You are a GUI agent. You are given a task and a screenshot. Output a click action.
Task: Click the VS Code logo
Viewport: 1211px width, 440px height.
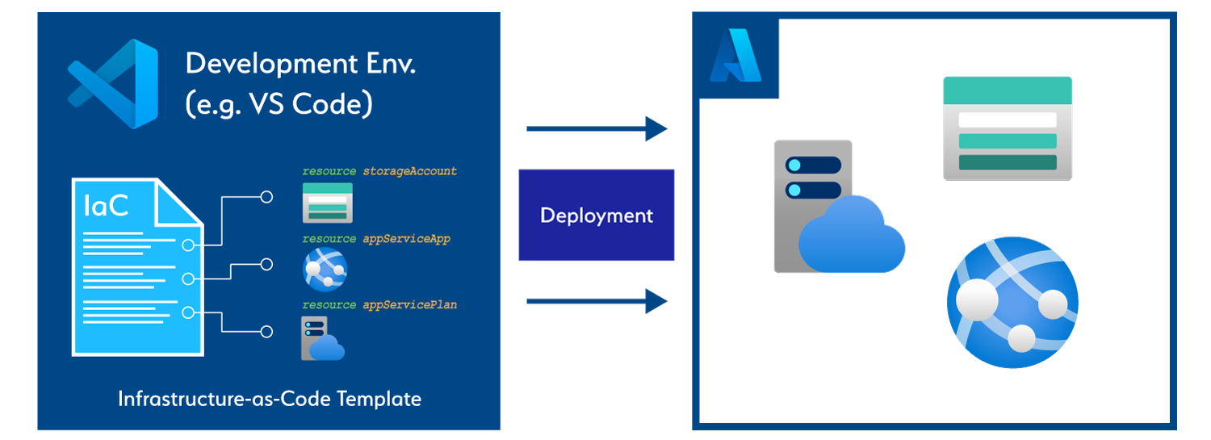(x=113, y=83)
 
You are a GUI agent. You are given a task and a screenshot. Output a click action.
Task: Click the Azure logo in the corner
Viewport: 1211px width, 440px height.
(x=735, y=57)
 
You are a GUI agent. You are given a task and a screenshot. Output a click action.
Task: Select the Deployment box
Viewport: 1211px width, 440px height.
(x=596, y=216)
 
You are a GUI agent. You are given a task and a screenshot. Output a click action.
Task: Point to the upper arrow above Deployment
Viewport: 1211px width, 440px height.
(x=597, y=128)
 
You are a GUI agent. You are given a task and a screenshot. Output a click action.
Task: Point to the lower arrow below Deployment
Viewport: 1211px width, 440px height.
(x=597, y=302)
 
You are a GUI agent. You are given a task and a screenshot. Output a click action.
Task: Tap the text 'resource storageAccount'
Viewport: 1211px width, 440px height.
(x=379, y=171)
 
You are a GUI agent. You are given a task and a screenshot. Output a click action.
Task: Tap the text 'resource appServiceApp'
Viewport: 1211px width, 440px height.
(x=376, y=239)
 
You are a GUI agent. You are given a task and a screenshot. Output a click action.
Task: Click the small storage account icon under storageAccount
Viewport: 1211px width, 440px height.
(x=327, y=203)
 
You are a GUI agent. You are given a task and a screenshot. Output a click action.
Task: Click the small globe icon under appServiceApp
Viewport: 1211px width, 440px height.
(x=325, y=269)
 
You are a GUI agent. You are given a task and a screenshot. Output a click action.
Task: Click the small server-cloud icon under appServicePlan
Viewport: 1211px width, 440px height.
(x=322, y=339)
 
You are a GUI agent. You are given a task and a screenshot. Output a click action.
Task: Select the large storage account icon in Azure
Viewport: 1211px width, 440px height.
(x=1007, y=128)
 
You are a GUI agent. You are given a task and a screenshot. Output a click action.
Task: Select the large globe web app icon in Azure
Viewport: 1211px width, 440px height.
(x=1012, y=299)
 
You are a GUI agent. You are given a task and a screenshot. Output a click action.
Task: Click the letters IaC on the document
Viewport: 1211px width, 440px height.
(x=106, y=206)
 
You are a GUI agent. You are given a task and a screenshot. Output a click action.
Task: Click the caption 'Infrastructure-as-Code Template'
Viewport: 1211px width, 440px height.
(x=269, y=399)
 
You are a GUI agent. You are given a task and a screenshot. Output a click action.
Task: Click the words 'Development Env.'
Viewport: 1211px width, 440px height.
(x=300, y=64)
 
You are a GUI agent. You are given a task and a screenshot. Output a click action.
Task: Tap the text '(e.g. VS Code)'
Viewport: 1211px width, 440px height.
(x=279, y=104)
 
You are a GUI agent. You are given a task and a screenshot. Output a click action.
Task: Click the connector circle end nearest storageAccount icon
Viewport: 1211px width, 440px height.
(x=266, y=196)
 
